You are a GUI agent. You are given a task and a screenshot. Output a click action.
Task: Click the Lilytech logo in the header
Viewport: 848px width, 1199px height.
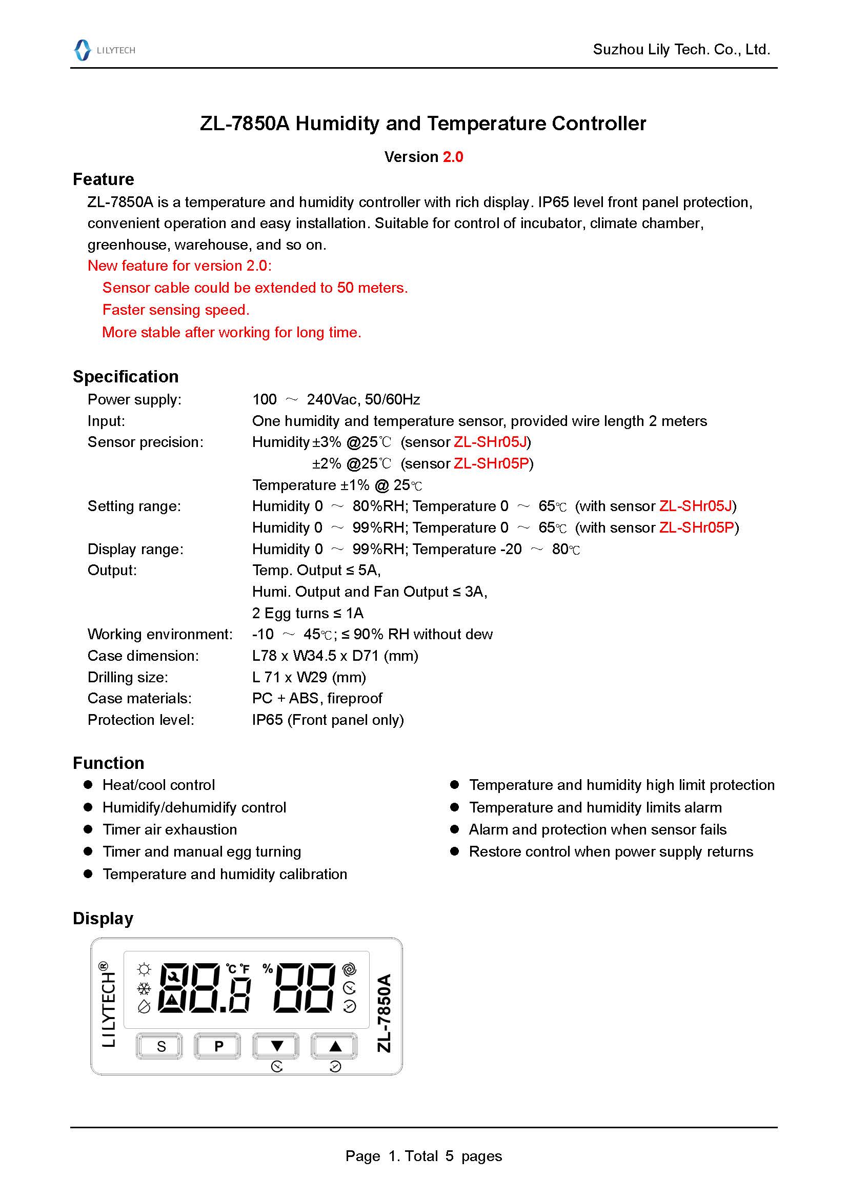[x=105, y=50]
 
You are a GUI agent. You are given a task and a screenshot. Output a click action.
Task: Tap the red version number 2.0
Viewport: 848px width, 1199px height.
[x=453, y=157]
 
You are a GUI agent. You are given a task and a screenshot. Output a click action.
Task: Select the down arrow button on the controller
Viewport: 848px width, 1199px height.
[x=276, y=1046]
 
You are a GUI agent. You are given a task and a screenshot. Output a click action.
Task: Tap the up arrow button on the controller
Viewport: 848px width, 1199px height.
[x=335, y=1046]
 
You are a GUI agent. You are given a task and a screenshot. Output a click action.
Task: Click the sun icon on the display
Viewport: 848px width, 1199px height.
[x=144, y=970]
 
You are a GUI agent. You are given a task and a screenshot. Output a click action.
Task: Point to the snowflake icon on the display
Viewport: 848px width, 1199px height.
[x=144, y=988]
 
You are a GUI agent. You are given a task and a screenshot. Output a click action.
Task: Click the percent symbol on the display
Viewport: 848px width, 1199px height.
[x=268, y=969]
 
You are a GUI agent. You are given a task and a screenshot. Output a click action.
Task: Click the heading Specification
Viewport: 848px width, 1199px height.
[x=125, y=377]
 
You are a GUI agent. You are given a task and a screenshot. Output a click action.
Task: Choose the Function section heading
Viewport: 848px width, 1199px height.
[x=108, y=763]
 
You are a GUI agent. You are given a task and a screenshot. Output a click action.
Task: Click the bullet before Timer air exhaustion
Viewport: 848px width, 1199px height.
[x=88, y=829]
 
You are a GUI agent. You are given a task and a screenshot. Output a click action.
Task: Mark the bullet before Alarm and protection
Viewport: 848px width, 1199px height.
[x=454, y=829]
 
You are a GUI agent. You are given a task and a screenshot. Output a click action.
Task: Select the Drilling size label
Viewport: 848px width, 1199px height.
[x=128, y=677]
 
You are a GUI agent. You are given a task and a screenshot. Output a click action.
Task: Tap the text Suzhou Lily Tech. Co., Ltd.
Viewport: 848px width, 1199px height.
[x=681, y=50]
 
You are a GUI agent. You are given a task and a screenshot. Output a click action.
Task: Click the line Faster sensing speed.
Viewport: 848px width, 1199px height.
[x=176, y=310]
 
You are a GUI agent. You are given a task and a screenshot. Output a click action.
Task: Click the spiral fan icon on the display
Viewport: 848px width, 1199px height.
[x=349, y=969]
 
